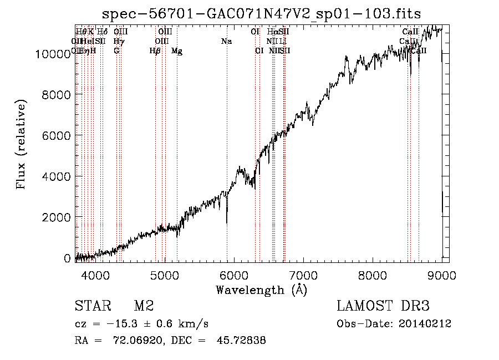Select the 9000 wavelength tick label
pos(441,274)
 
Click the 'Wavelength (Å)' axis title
pos(261,289)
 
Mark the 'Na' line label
pos(226,41)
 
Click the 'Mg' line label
pos(177,51)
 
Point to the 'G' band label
pos(116,50)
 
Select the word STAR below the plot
pos(92,306)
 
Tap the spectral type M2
pos(144,306)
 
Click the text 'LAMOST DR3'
pos(383,306)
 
